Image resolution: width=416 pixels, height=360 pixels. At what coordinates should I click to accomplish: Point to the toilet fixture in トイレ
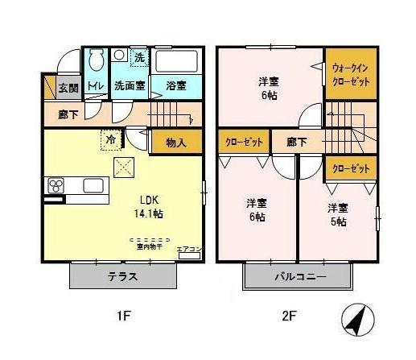point(97,60)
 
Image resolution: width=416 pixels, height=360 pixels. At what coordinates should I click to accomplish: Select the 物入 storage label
point(176,143)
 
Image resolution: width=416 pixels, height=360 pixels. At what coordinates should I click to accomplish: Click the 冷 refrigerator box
point(110,139)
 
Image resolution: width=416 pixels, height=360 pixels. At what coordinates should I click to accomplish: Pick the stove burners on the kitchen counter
point(57,186)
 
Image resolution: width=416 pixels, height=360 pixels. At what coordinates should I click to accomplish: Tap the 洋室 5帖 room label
point(339,214)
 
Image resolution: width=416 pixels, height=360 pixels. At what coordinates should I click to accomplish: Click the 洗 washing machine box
point(139,58)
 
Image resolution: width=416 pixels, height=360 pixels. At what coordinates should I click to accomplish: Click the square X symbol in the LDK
point(125,168)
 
